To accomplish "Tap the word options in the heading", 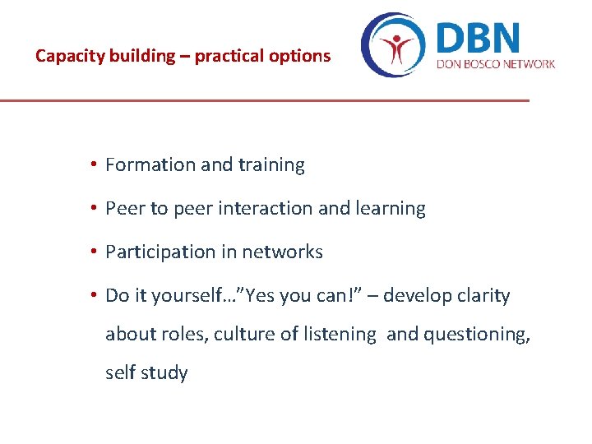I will point(303,57).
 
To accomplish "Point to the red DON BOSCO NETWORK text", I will point(496,64).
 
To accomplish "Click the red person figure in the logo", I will point(400,48).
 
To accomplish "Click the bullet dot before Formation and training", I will point(95,164).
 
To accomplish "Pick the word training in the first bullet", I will point(271,165).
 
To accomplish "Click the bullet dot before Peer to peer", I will point(95,209).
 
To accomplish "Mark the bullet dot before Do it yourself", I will point(95,295).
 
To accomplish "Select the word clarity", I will point(481,296).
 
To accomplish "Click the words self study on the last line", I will point(146,373).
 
